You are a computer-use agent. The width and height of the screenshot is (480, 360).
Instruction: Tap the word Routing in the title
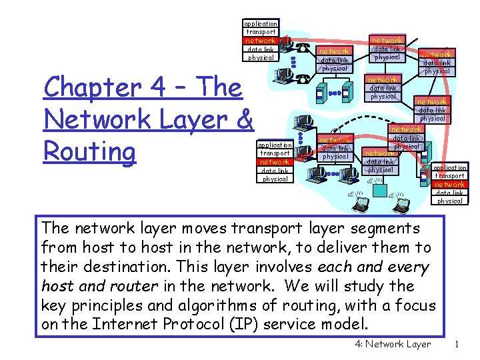point(89,151)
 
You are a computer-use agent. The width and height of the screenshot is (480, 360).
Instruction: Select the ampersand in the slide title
point(243,119)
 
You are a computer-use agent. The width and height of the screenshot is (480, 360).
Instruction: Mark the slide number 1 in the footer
point(457,345)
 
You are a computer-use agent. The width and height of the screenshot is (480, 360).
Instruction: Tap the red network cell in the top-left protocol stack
point(261,41)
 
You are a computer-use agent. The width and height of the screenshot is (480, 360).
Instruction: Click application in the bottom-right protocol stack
point(450,168)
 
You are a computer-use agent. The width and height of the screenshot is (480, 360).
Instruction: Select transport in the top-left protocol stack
point(261,32)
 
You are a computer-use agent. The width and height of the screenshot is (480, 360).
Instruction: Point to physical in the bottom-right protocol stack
point(450,201)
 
